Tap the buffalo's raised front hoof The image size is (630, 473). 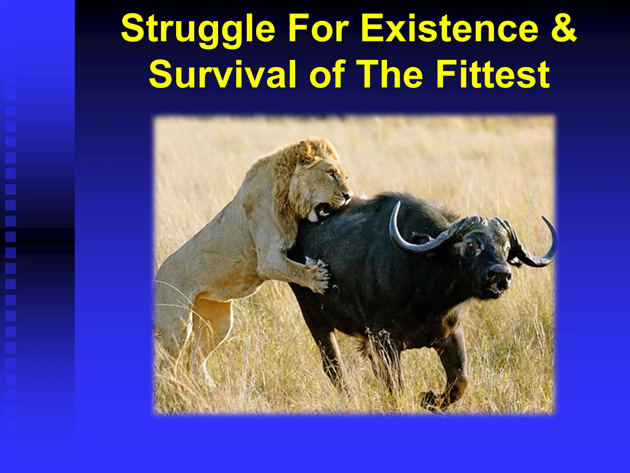[431, 400]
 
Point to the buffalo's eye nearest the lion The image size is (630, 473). [470, 245]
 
